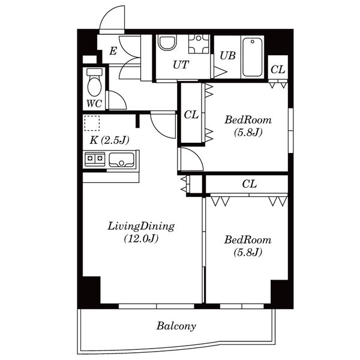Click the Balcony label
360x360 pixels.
point(176,326)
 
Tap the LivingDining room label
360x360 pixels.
point(141,226)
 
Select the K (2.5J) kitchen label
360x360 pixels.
point(109,140)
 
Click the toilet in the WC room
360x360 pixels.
point(94,82)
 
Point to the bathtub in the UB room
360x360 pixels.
point(253,57)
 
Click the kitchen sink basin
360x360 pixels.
point(121,160)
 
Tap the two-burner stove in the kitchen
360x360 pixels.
point(95,159)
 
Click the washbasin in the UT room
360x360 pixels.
point(168,43)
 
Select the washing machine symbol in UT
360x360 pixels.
point(199,44)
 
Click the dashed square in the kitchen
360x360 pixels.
point(92,123)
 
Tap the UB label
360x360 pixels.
point(227,56)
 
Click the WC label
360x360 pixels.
point(94,104)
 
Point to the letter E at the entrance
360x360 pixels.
point(113,51)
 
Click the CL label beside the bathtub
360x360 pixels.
point(278,70)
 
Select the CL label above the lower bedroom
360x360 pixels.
point(250,184)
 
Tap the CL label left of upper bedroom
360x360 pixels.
point(191,115)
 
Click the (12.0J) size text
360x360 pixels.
point(141,239)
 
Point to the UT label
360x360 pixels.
point(181,65)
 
